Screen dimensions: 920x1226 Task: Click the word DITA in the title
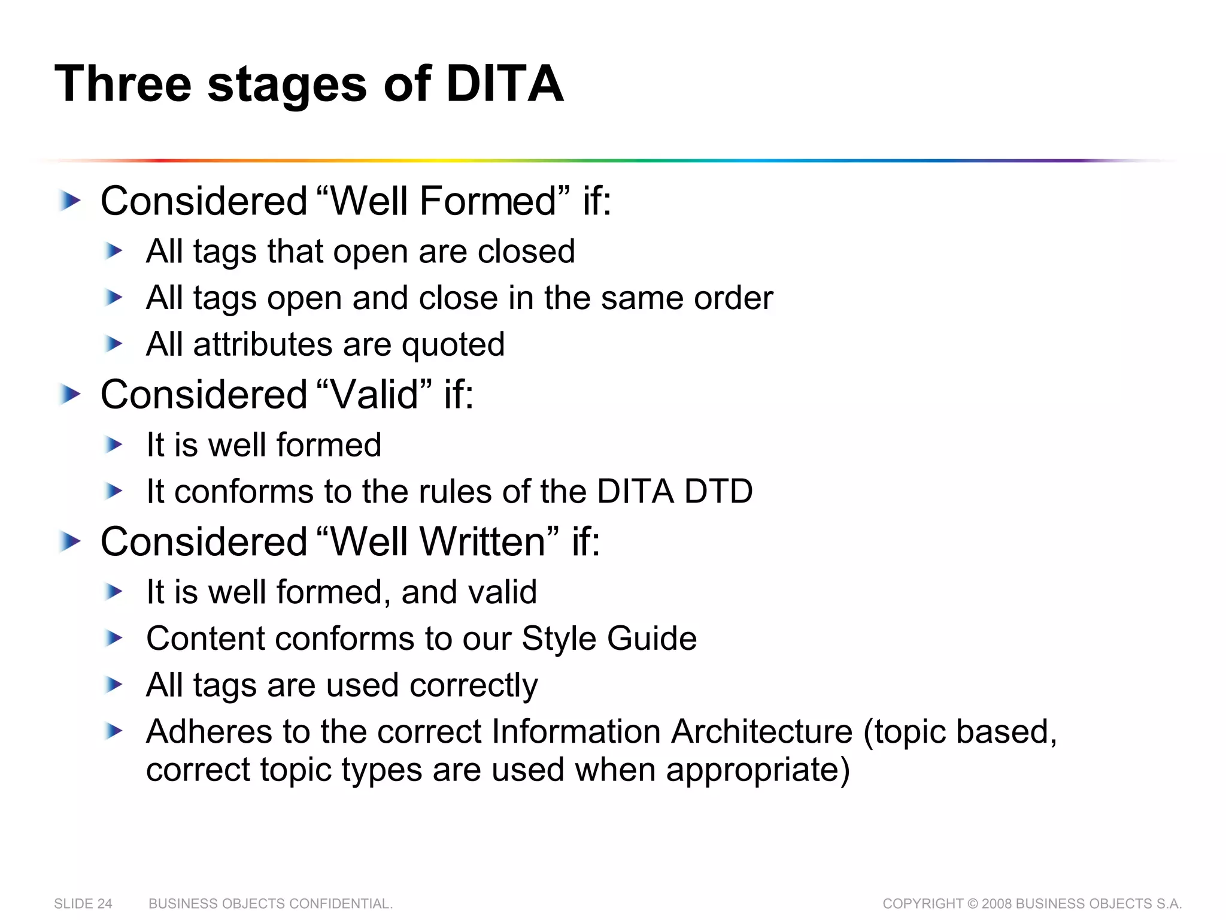click(504, 84)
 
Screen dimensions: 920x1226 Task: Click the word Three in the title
click(123, 84)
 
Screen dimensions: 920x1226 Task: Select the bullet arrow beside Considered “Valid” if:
click(70, 394)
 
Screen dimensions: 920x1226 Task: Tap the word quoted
click(453, 345)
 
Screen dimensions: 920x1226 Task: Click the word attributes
click(262, 344)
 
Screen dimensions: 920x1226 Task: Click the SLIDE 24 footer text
click(83, 903)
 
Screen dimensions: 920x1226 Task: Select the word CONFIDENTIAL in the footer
click(341, 903)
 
